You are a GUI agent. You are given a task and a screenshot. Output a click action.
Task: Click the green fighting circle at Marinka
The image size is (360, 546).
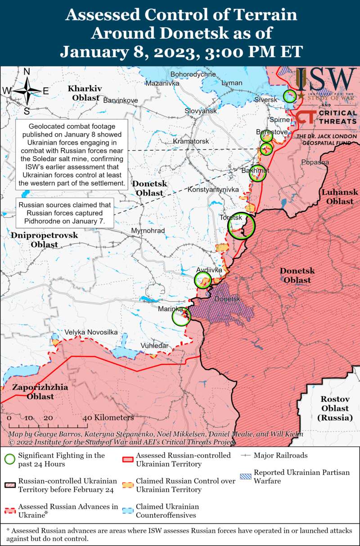pyautogui.click(x=182, y=317)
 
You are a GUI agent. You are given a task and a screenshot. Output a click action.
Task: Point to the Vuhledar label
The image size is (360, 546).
pyautogui.click(x=154, y=345)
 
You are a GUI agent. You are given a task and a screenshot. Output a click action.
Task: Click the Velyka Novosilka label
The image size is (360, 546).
pyautogui.click(x=91, y=332)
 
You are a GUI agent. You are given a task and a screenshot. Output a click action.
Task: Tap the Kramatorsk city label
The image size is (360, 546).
pyautogui.click(x=191, y=141)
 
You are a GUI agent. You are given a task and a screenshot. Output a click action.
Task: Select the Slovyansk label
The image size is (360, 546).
pyautogui.click(x=201, y=111)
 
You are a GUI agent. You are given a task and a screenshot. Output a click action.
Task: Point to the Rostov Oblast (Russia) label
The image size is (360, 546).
pyautogui.click(x=334, y=408)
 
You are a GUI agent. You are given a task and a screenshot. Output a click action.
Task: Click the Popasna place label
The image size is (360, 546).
pyautogui.click(x=315, y=162)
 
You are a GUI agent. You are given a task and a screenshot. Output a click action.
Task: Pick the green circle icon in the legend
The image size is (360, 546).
pyautogui.click(x=9, y=459)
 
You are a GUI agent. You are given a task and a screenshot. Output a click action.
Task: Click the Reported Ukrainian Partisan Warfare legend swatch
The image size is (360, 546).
pyautogui.click(x=245, y=477)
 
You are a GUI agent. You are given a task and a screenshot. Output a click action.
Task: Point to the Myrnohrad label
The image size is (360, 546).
pyautogui.click(x=148, y=231)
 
